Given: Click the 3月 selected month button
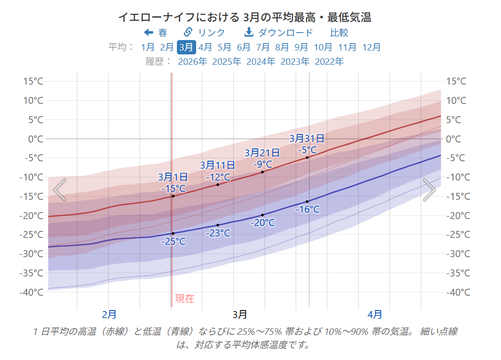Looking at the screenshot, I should (x=186, y=47).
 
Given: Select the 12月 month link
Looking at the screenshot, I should (x=372, y=47).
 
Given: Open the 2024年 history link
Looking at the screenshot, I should (x=261, y=61).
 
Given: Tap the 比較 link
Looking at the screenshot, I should (x=339, y=33).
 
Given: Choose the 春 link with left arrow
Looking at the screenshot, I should (x=156, y=33).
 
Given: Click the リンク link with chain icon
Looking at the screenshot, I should (x=205, y=33).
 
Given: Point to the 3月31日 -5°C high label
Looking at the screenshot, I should (x=307, y=144).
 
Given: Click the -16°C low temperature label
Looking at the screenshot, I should (x=307, y=209).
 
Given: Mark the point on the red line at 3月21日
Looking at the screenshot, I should (x=262, y=172).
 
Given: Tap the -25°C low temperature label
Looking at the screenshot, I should (x=173, y=241).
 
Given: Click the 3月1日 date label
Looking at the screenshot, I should (x=173, y=177).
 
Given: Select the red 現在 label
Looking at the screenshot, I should (x=185, y=299).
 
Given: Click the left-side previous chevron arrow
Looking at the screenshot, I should (x=60, y=190).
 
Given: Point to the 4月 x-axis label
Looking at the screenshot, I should (x=375, y=314).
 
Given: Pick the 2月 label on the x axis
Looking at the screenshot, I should (x=109, y=314).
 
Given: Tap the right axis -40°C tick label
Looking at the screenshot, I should (x=458, y=292).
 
